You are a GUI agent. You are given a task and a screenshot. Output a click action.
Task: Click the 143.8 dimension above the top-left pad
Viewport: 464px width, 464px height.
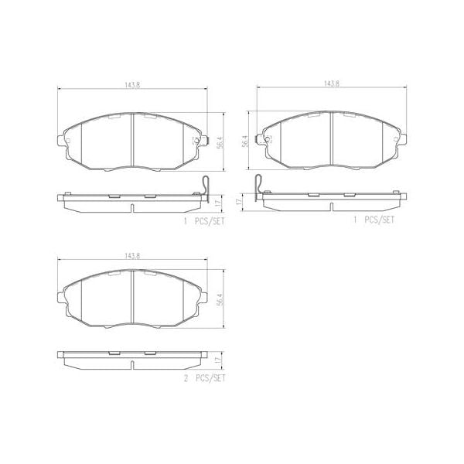pyautogui.click(x=133, y=86)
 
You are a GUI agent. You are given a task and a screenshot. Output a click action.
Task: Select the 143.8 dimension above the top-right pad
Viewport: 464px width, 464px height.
pyautogui.click(x=333, y=86)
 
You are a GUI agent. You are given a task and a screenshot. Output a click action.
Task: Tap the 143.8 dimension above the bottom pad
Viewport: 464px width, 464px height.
pyautogui.click(x=133, y=256)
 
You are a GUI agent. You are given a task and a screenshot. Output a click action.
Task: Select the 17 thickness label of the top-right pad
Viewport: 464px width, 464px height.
pyautogui.click(x=241, y=201)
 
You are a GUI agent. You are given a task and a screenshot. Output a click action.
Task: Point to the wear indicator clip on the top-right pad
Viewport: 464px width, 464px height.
pyautogui.click(x=259, y=188)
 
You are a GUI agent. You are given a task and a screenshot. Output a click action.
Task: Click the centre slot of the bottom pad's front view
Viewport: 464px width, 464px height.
pyautogui.click(x=133, y=298)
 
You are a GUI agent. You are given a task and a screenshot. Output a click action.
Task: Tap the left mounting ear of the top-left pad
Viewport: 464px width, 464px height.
pyautogui.click(x=60, y=140)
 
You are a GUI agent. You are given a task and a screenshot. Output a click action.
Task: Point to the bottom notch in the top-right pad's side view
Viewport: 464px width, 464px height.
pyautogui.click(x=333, y=207)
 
